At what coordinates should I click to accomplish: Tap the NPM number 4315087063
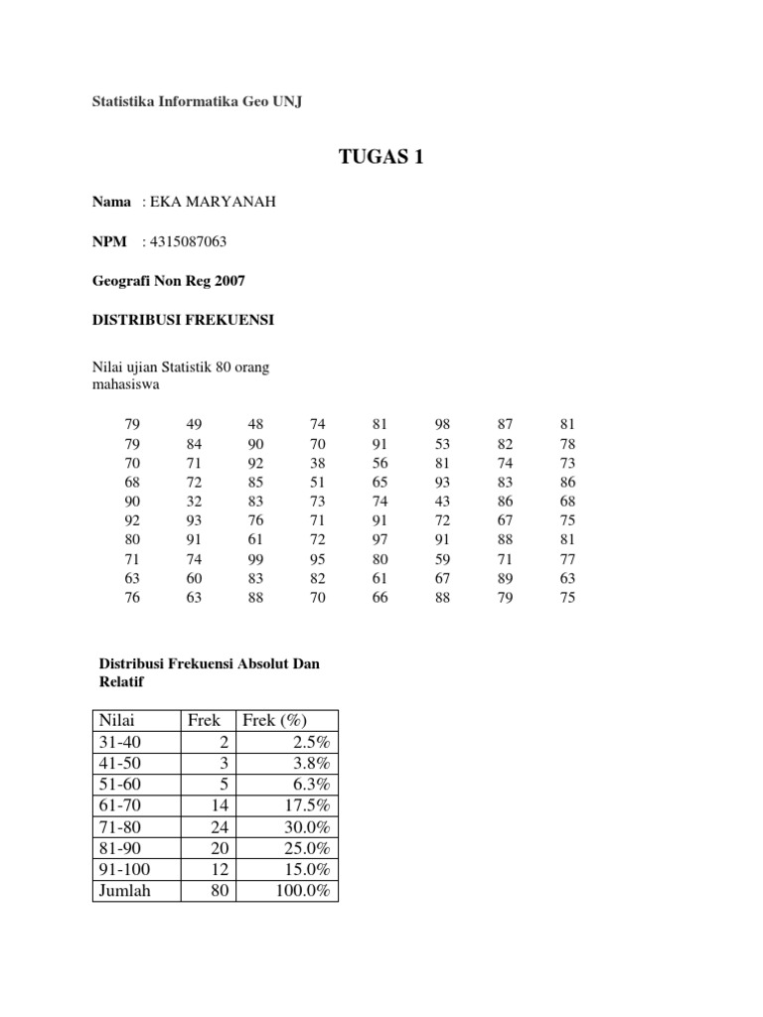(192, 241)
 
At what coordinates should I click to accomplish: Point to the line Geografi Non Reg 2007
(167, 281)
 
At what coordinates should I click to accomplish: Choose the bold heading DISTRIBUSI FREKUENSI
(182, 321)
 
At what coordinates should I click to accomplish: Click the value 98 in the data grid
(442, 425)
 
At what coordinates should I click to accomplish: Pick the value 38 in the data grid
(318, 463)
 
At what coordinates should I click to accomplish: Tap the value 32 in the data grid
(194, 502)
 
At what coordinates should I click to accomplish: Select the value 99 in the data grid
(255, 559)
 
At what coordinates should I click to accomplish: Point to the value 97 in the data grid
(380, 540)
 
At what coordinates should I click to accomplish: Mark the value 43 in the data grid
(442, 502)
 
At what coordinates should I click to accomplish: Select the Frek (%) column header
(271, 720)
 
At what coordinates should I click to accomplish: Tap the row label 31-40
(118, 742)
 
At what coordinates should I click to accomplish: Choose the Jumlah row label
(123, 891)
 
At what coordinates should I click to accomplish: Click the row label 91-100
(122, 869)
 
